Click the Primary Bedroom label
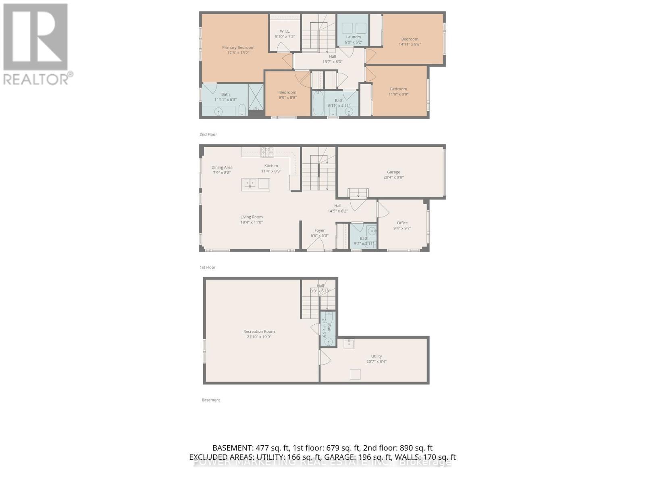tap(238, 48)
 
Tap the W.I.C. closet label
tap(285, 31)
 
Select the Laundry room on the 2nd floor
tap(354, 37)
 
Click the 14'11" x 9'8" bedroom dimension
tap(410, 44)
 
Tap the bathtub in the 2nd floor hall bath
tap(317, 103)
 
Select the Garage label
tap(393, 172)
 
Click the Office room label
tap(402, 223)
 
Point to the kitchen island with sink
tap(256, 184)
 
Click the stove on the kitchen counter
tap(266, 152)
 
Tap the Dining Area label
tap(222, 167)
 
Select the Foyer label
tap(320, 230)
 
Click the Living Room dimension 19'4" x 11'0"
tap(252, 222)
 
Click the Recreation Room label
tap(259, 332)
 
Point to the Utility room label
tap(377, 356)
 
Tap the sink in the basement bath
tap(329, 342)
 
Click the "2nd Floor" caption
tap(208, 134)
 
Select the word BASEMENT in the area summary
tap(232, 448)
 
